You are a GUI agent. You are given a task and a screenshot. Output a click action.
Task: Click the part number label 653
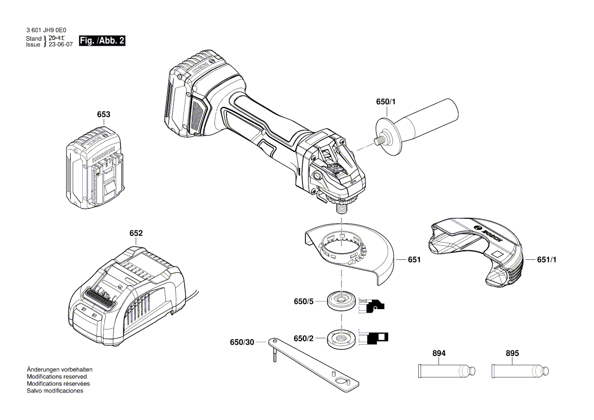(x=104, y=115)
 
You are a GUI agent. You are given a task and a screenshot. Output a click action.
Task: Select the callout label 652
(x=136, y=233)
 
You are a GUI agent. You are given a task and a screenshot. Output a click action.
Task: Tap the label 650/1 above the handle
(x=386, y=102)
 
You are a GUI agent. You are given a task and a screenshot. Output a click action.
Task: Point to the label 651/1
(x=547, y=259)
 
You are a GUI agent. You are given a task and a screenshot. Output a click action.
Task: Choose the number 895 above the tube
(x=512, y=353)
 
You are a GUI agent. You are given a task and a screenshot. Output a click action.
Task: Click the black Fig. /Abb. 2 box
(x=102, y=41)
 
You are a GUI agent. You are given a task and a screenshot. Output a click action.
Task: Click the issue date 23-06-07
(x=61, y=45)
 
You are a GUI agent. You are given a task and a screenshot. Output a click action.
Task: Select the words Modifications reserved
(x=56, y=377)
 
